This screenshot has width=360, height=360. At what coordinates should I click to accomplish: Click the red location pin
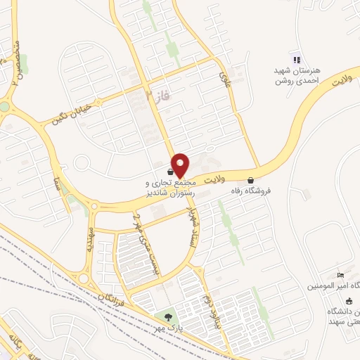[x=181, y=165]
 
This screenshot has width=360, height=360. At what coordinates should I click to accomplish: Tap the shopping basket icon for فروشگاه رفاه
[x=251, y=180]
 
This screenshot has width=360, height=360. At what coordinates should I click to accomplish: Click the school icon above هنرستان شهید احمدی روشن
[x=296, y=60]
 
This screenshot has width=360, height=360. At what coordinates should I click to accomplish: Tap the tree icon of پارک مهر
[x=167, y=317]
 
